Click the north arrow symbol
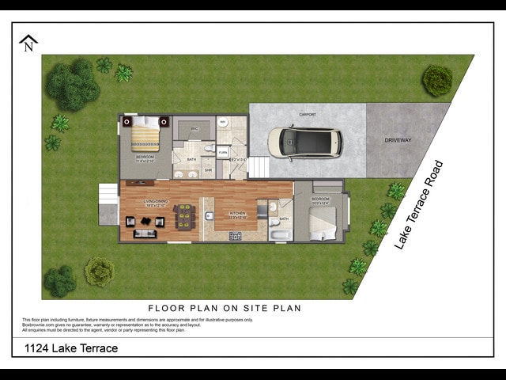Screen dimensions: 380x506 click(x=29, y=43)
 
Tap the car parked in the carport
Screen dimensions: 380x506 click(x=304, y=142)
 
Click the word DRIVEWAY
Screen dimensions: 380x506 click(x=398, y=140)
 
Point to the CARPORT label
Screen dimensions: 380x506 click(x=308, y=115)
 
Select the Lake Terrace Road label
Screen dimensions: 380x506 click(x=419, y=206)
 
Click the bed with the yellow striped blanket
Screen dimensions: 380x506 click(x=145, y=138)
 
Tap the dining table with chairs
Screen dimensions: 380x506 click(x=184, y=215)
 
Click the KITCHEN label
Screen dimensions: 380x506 click(x=238, y=213)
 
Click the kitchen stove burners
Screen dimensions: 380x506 click(x=235, y=235)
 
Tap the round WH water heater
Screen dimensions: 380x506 click(x=223, y=123)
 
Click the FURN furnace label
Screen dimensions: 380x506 click(x=223, y=151)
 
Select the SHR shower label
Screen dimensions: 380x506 click(x=208, y=169)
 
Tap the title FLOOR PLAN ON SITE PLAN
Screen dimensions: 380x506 click(x=225, y=308)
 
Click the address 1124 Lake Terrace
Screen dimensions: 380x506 click(x=71, y=348)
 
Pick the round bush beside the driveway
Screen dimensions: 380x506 click(x=436, y=80)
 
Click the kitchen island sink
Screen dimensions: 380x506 click(x=209, y=215)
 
